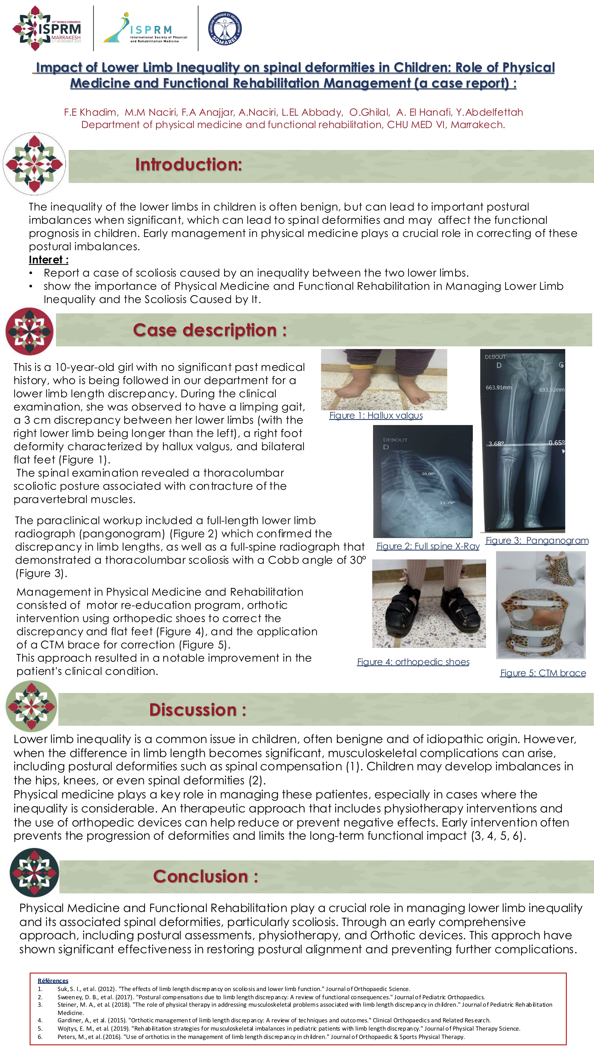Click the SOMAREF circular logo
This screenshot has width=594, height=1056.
[x=225, y=28]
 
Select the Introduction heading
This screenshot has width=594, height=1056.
[x=188, y=165]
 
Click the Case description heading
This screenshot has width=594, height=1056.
[x=209, y=331]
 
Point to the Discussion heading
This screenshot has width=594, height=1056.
[x=197, y=710]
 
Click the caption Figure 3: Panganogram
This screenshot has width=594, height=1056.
[x=537, y=540]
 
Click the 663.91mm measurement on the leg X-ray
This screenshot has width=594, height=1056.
[x=498, y=387]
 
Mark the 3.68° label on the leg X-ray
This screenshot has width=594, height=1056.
[x=496, y=444]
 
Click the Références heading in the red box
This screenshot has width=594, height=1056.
[x=53, y=980]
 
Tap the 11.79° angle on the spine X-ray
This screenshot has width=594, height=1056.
[x=447, y=503]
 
